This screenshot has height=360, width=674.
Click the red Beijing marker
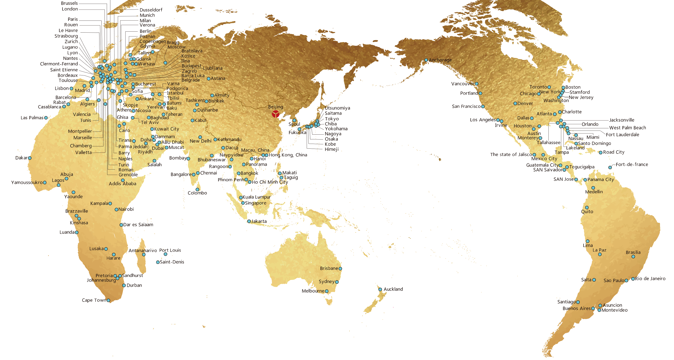[x=276, y=114]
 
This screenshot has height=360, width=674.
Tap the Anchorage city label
[x=440, y=60]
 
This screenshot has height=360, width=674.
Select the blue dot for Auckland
[x=380, y=289]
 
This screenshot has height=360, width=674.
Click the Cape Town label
[x=94, y=300]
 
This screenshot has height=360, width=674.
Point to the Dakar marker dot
[x=30, y=158]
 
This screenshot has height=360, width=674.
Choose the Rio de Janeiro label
[x=650, y=279]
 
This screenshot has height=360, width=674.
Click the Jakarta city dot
[x=249, y=221]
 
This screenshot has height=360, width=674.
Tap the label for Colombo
[x=197, y=193]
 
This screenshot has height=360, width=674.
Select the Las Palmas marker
[x=46, y=118]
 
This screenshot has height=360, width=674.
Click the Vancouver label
[x=463, y=84]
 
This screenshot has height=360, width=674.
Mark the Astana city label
[x=218, y=79]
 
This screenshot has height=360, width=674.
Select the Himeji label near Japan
[x=332, y=149]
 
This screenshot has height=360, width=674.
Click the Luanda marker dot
[x=77, y=232]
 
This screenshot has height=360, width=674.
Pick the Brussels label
[x=69, y=3]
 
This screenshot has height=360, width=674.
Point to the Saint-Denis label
[x=172, y=262]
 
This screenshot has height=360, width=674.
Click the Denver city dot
[x=515, y=104]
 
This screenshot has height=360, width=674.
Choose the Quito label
[x=587, y=212]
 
